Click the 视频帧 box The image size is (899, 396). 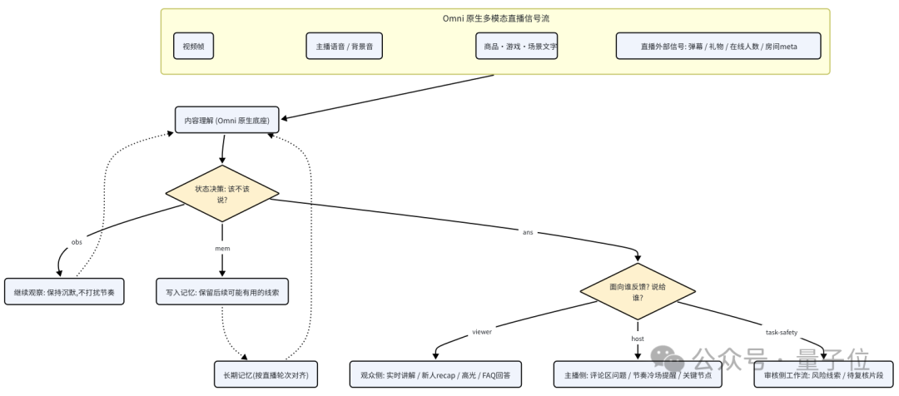click(x=193, y=46)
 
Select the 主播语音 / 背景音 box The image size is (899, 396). click(x=344, y=46)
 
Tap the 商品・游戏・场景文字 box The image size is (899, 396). click(x=517, y=46)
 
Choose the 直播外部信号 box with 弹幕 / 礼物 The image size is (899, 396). click(x=718, y=46)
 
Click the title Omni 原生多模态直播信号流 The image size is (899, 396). click(x=495, y=18)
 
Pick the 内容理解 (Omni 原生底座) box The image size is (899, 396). click(x=227, y=120)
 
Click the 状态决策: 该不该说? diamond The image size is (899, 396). click(x=222, y=194)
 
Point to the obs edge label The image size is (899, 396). click(x=77, y=242)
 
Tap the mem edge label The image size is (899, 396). click(x=222, y=249)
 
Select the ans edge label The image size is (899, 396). click(x=528, y=233)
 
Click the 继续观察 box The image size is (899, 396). click(x=64, y=292)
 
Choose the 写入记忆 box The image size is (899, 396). click(x=222, y=292)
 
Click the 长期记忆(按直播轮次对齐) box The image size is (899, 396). click(x=266, y=374)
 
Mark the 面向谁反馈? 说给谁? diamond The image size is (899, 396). click(x=638, y=292)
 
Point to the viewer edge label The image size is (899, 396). click(x=482, y=331)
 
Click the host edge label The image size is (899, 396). click(x=638, y=339)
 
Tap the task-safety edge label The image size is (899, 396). click(x=782, y=333)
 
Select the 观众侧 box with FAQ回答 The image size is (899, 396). click(x=435, y=374)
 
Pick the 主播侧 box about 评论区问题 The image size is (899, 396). click(x=638, y=374)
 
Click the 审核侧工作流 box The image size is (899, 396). click(x=823, y=374)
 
